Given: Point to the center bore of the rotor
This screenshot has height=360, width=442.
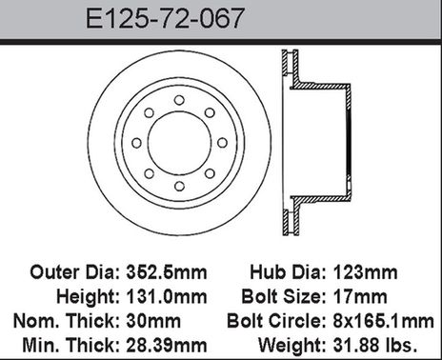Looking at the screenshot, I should pos(177,143).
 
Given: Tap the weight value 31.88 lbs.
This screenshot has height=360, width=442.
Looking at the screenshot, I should pos(383,340).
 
